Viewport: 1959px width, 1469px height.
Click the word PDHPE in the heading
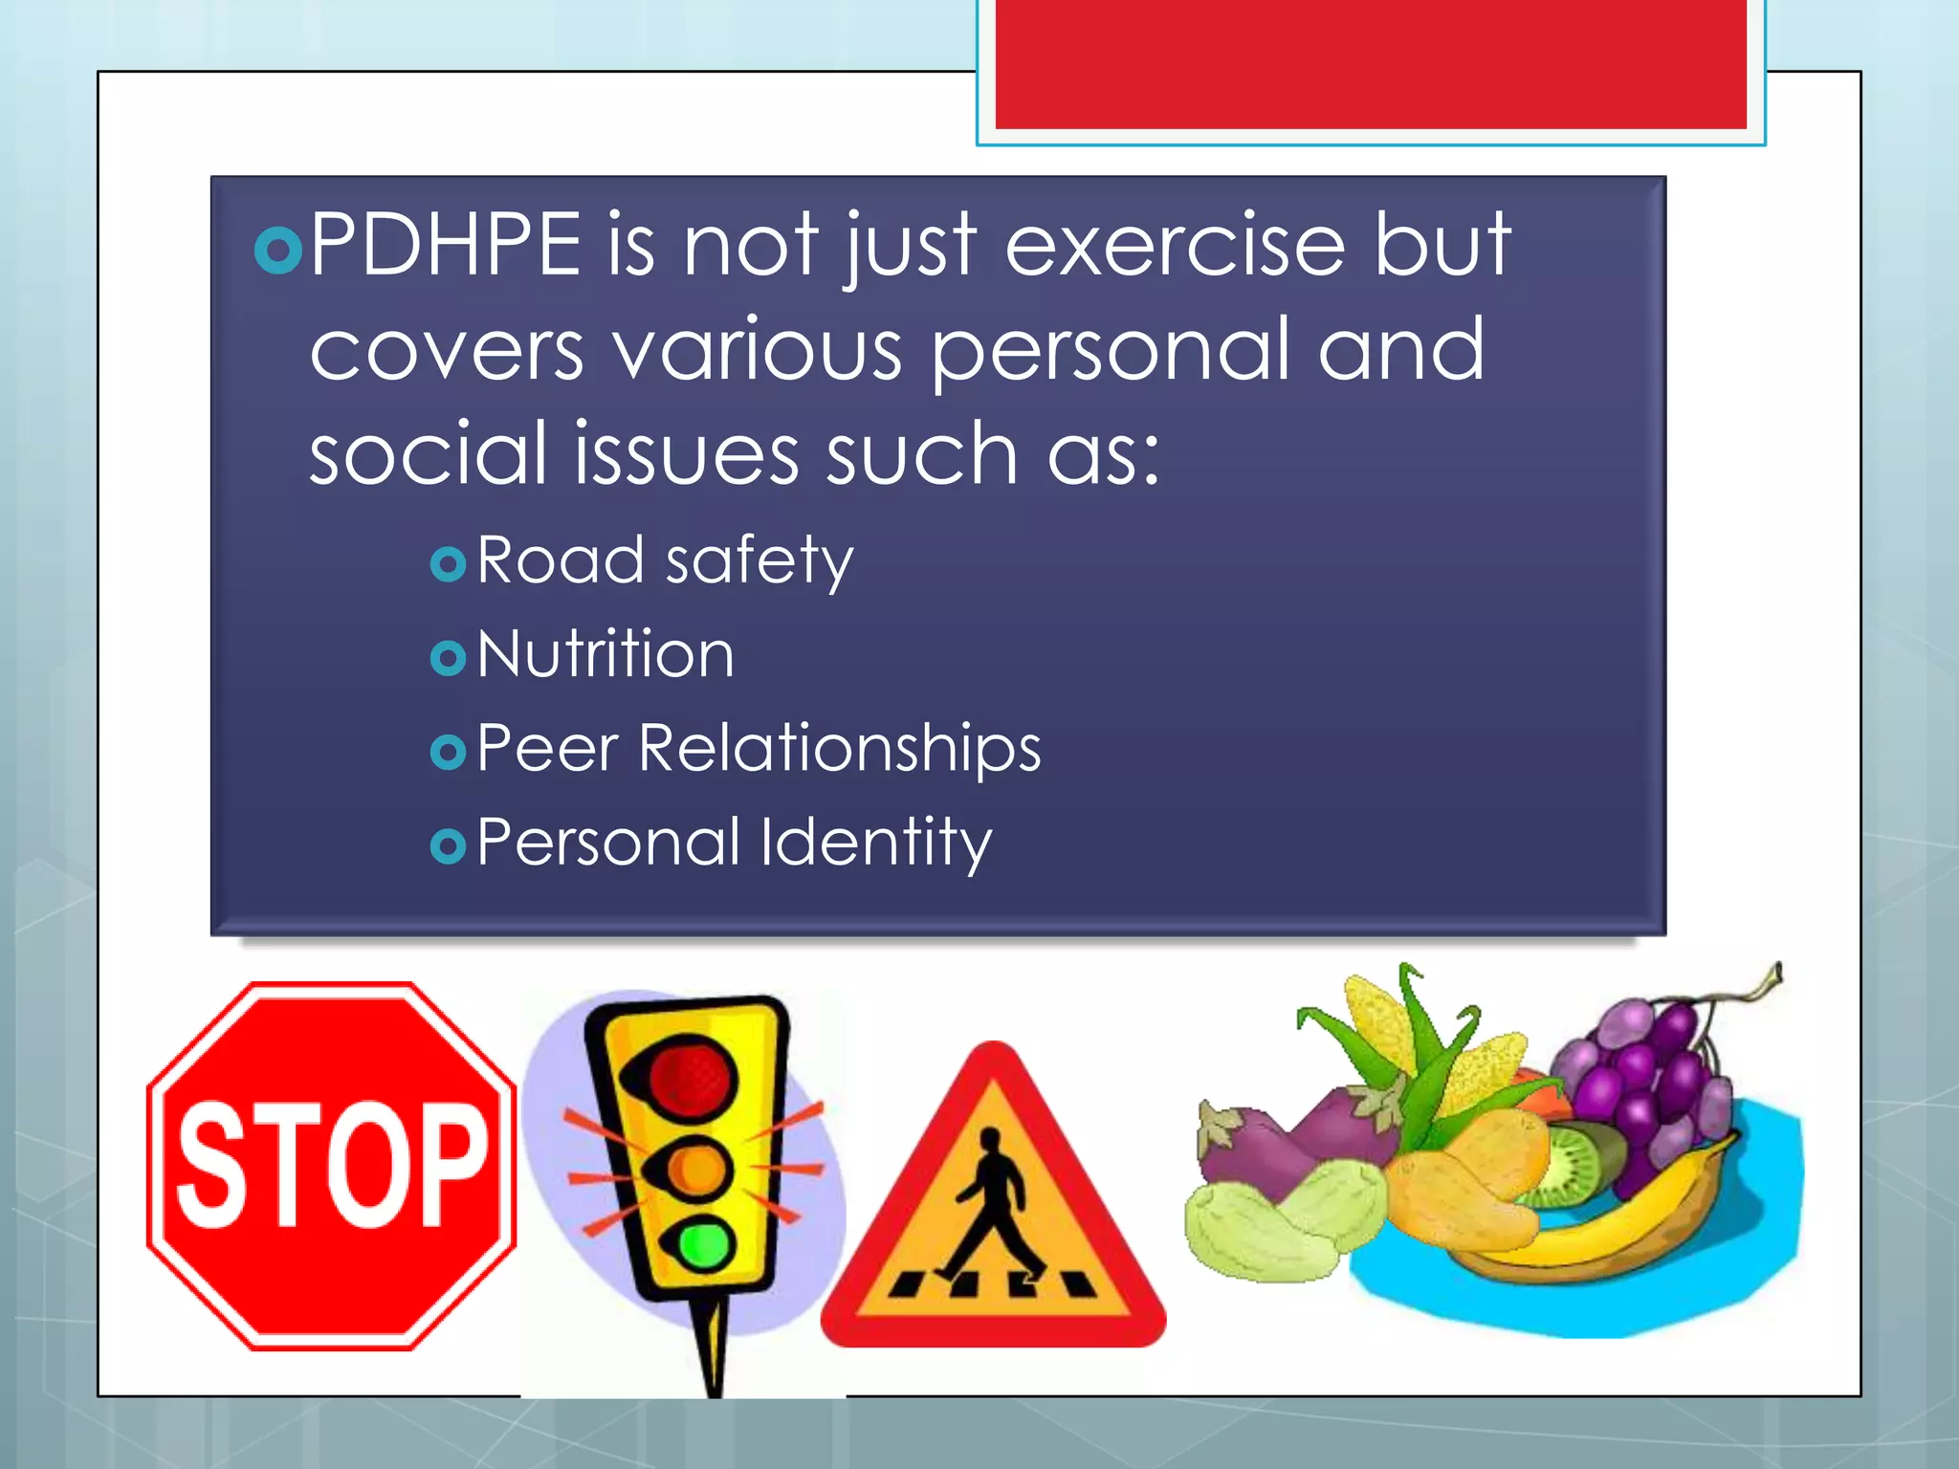(446, 245)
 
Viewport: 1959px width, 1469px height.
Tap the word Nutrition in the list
(605, 655)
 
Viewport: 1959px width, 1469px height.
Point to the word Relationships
(839, 749)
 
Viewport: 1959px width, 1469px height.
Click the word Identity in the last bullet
(876, 844)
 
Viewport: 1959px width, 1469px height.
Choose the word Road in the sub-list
(560, 560)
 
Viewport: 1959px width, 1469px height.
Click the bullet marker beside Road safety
(448, 564)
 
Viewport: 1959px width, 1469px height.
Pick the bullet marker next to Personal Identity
(448, 845)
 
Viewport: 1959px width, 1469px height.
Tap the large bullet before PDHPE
(278, 251)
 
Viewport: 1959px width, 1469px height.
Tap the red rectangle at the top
(1370, 63)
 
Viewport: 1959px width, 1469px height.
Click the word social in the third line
(427, 453)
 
